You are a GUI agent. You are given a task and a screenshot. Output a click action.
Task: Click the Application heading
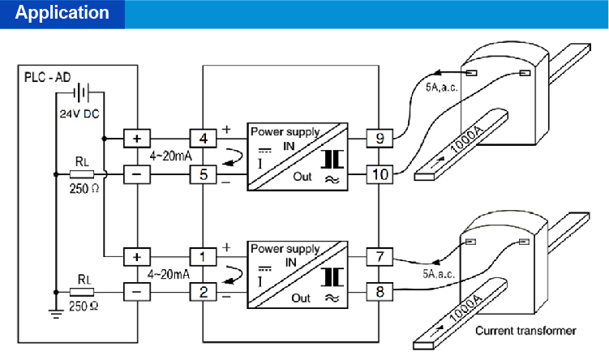coord(62,14)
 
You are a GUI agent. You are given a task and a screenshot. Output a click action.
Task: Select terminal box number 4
coord(204,138)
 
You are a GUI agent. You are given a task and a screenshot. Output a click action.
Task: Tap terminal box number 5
coord(204,174)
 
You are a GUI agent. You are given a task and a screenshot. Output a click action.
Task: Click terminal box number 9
coord(380,138)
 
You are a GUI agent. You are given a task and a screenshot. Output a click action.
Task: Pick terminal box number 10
coord(380,174)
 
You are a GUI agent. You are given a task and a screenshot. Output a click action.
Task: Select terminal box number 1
coord(204,257)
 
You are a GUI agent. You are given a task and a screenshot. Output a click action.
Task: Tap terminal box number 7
coord(380,257)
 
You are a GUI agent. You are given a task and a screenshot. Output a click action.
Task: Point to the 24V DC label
coord(79,114)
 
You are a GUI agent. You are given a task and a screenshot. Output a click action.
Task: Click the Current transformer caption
coord(525,330)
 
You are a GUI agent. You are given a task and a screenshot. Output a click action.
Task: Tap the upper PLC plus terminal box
coord(135,138)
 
